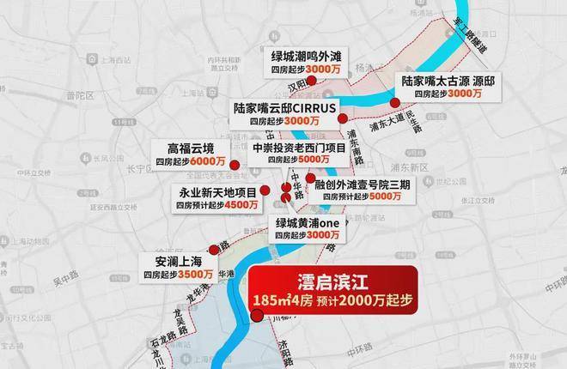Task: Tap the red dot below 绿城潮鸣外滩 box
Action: coord(314,82)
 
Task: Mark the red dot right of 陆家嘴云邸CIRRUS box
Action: coord(343,119)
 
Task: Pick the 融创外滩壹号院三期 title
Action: coord(366,183)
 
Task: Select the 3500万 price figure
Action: coord(195,274)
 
